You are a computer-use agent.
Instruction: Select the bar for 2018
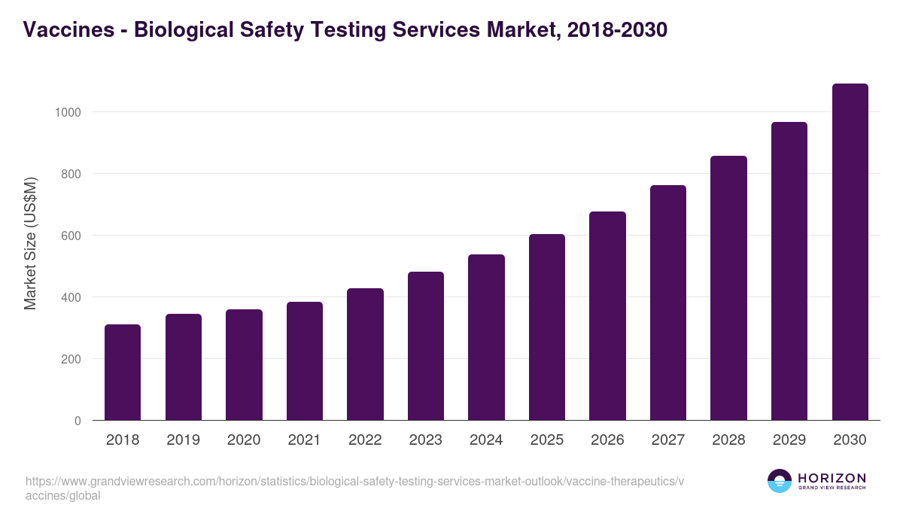[x=123, y=372]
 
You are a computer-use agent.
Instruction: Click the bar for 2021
[x=304, y=360]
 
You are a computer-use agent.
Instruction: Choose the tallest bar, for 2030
[x=850, y=251]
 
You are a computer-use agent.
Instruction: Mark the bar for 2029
[x=789, y=271]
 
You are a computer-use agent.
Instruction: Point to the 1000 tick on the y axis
[x=67, y=112]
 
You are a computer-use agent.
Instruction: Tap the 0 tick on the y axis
[x=77, y=421]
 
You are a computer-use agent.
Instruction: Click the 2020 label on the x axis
[x=244, y=440]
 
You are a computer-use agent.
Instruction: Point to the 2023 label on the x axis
[x=425, y=440]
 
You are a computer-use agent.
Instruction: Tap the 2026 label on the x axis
[x=607, y=440]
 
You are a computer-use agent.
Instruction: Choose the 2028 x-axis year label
[x=728, y=440]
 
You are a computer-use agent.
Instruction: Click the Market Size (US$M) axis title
[x=30, y=243]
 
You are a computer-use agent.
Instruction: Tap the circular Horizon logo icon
[x=780, y=481]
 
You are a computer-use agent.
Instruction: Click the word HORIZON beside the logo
[x=832, y=478]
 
